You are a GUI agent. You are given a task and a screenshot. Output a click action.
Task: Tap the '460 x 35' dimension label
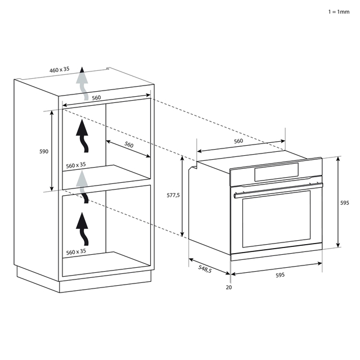[x=60, y=70]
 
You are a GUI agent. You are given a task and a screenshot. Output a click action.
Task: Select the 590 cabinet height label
[x=44, y=151]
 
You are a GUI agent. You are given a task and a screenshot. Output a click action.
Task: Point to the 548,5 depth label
[x=205, y=269]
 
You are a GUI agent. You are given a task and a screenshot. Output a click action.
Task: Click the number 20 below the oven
[x=228, y=287]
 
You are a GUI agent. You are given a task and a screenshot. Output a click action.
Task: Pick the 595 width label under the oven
[x=280, y=275]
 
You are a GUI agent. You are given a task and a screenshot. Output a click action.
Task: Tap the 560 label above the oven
[x=238, y=141]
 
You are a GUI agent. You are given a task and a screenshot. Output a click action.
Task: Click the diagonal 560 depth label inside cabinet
[x=129, y=145]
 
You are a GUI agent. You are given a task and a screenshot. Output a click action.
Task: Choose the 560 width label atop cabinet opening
[x=96, y=98]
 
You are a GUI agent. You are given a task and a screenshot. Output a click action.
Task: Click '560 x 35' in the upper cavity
[x=75, y=165]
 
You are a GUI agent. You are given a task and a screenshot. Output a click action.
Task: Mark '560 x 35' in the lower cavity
[x=75, y=251]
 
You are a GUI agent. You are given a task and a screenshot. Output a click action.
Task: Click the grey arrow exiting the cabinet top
[x=82, y=83]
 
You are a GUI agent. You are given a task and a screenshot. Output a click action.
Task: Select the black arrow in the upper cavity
[x=83, y=136]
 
